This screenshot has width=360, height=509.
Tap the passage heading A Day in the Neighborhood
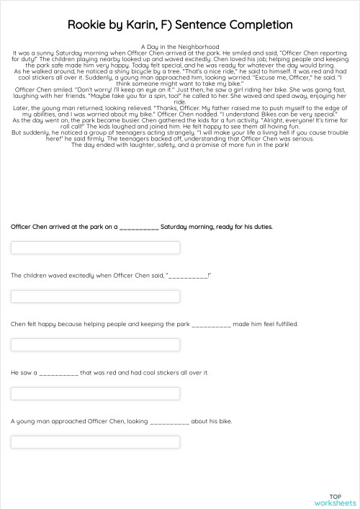tap(180, 46)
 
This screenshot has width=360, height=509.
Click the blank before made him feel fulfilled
tap(212, 325)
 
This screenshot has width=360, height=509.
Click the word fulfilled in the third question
tap(282, 324)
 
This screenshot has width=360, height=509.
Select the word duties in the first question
tap(261, 226)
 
